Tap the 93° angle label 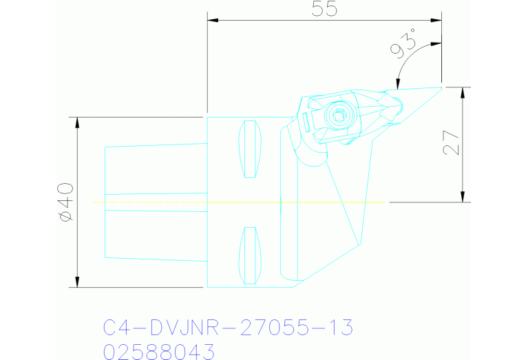404,47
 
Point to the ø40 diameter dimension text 65,202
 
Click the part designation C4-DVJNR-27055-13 228,328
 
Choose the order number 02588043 159,352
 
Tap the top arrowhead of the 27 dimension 462,92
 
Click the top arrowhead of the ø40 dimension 76,122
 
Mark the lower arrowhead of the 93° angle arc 398,85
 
